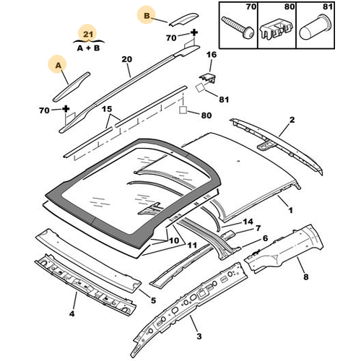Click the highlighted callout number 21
pos(88,34)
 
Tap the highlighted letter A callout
pos(58,65)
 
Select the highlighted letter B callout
pos(147,16)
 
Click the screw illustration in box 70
pos(238,27)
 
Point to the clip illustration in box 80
pos(277,29)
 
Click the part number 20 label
pos(127,59)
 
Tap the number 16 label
pos(212,55)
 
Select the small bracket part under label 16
pos(207,78)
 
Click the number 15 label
pos(107,109)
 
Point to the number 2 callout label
pos(292,120)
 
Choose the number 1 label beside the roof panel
pos(290,210)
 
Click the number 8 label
pos(305,277)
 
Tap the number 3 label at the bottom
pos(199,336)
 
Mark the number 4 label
pos(71,313)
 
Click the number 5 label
pos(153,300)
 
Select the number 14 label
pos(248,222)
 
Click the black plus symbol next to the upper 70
pos(194,32)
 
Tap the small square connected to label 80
pos(183,110)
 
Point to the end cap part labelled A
pos(71,87)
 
